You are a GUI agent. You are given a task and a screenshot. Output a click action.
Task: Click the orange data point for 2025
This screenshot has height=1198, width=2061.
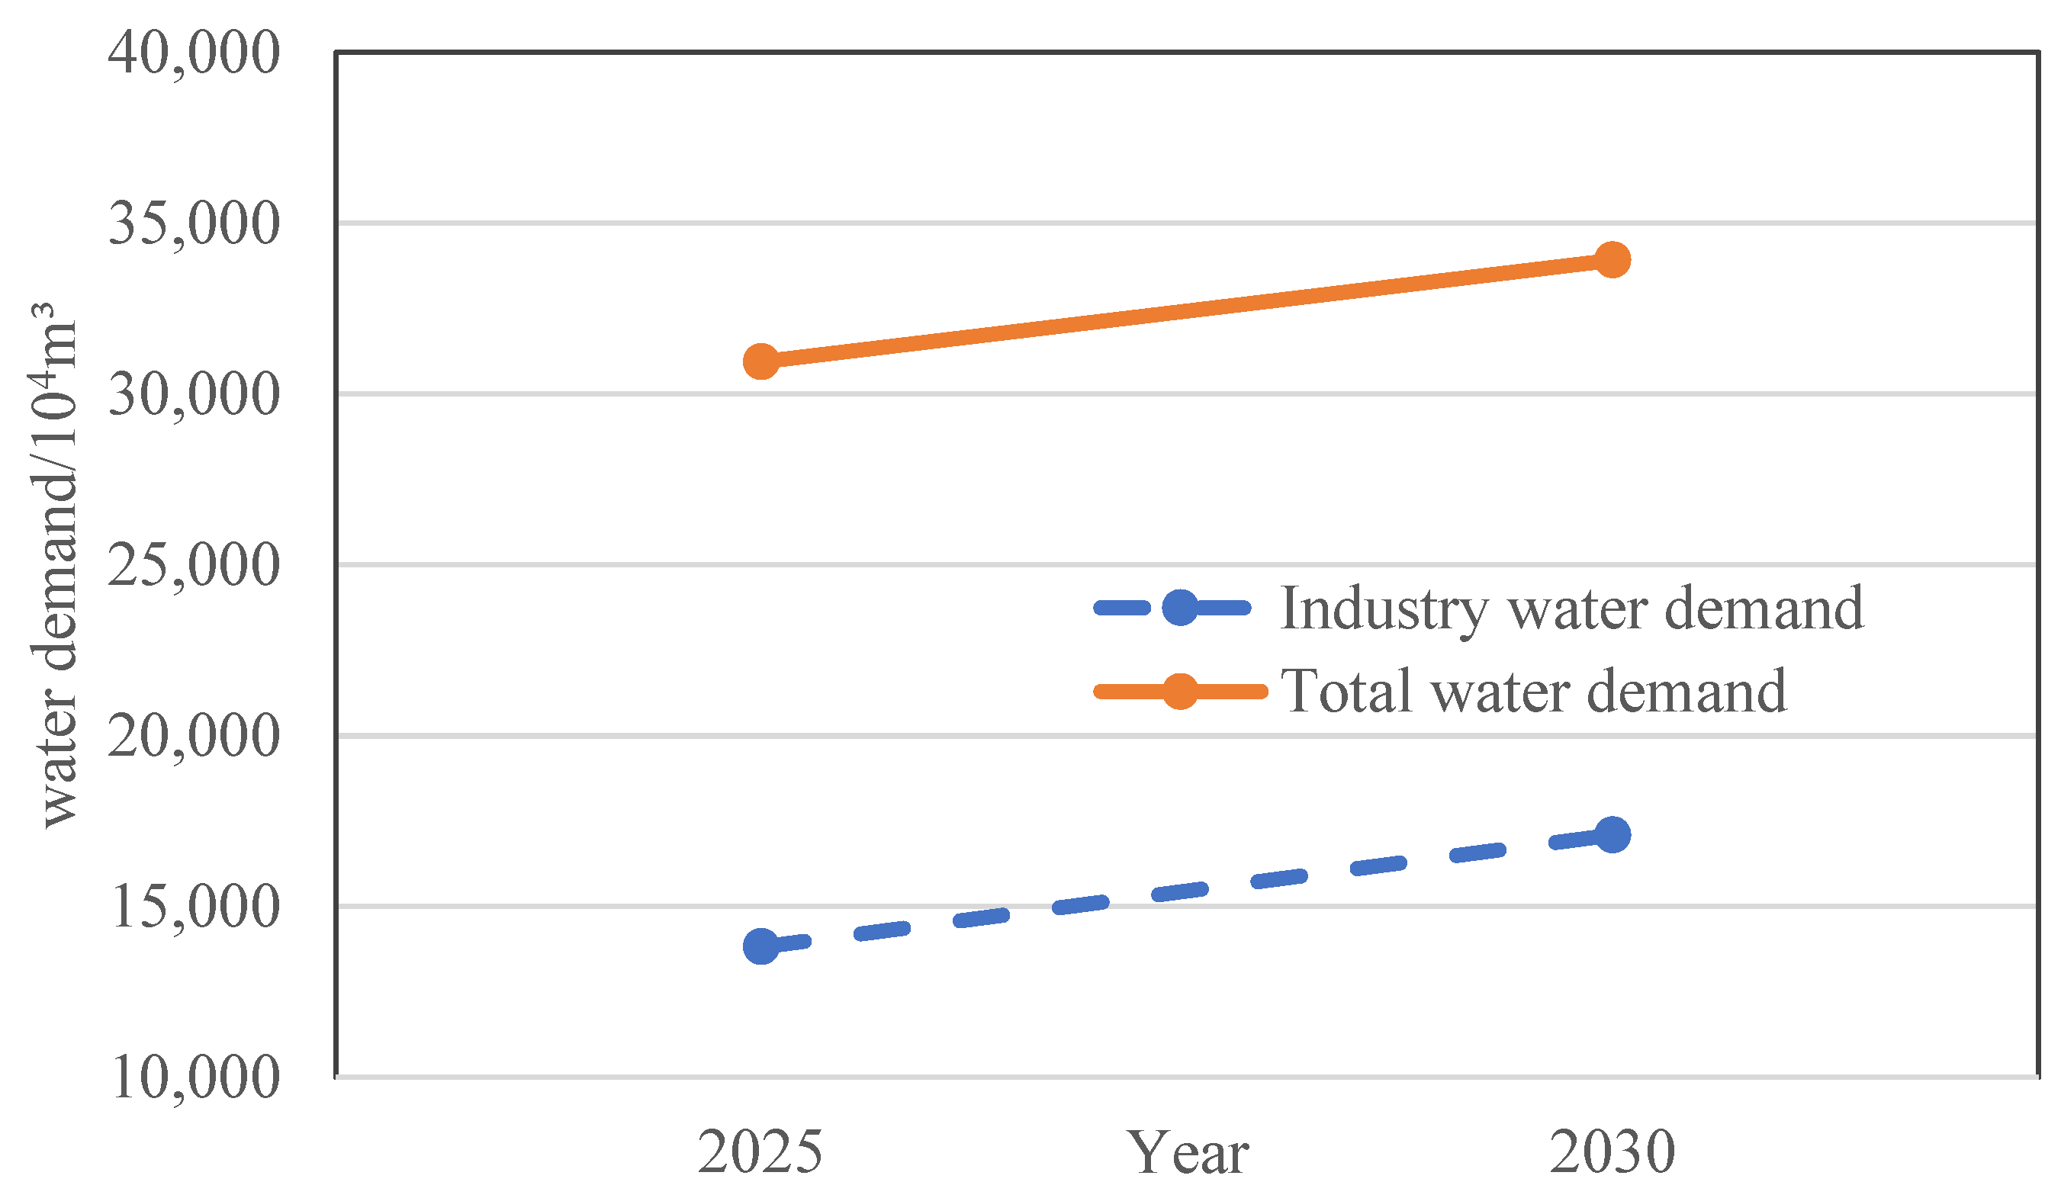761,361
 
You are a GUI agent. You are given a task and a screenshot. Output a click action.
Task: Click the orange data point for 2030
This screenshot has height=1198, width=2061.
1612,260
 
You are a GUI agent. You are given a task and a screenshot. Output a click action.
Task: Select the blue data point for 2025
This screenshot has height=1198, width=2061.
761,946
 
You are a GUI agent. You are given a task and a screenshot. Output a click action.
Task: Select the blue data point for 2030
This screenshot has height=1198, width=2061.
1612,835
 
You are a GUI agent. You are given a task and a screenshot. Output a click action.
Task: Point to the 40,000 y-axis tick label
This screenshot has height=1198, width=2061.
194,53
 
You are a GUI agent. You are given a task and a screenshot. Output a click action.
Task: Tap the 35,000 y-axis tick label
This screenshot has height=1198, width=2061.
194,223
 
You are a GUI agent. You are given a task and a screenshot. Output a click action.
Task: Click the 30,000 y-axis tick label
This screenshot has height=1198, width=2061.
194,394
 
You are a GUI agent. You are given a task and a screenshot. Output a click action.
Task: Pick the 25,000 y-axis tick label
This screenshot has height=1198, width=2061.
194,565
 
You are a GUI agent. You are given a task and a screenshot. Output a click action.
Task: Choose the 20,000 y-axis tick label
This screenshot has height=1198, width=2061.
194,736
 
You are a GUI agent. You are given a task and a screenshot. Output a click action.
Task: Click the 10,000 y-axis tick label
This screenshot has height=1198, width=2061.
194,1077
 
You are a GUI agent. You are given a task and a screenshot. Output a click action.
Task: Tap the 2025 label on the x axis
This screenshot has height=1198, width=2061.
760,1152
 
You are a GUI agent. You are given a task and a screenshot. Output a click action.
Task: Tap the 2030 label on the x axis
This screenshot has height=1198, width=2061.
1612,1152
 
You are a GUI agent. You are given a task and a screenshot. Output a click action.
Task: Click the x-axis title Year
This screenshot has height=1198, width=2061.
1188,1154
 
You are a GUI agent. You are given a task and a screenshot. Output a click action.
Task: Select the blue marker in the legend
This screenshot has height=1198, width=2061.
1179,607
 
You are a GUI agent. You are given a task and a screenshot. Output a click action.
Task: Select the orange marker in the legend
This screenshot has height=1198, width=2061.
1179,692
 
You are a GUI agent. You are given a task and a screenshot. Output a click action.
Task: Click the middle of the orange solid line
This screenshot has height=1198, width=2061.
1187,310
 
